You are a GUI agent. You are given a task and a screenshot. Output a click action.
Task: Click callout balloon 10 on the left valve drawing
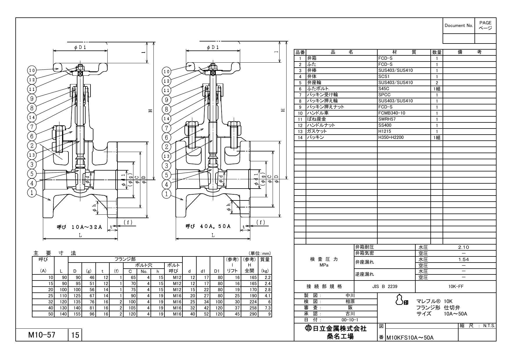[32, 70]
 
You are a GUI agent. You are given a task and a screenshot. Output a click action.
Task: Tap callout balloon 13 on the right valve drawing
[166, 156]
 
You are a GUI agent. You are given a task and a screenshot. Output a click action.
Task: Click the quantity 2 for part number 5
[437, 83]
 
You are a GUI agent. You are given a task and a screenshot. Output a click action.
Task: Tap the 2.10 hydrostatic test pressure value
[463, 247]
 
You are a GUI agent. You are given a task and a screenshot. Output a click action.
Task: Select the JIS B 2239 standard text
[385, 286]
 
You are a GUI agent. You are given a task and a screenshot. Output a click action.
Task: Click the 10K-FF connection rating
[456, 286]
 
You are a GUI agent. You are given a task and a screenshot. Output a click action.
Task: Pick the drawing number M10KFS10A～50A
[410, 338]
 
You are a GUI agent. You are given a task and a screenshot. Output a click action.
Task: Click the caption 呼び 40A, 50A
[208, 226]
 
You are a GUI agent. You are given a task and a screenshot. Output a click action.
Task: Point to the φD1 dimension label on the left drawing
[80, 47]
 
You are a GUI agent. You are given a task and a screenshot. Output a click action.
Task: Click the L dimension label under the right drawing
[213, 235]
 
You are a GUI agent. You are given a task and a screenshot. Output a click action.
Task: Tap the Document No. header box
[459, 25]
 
